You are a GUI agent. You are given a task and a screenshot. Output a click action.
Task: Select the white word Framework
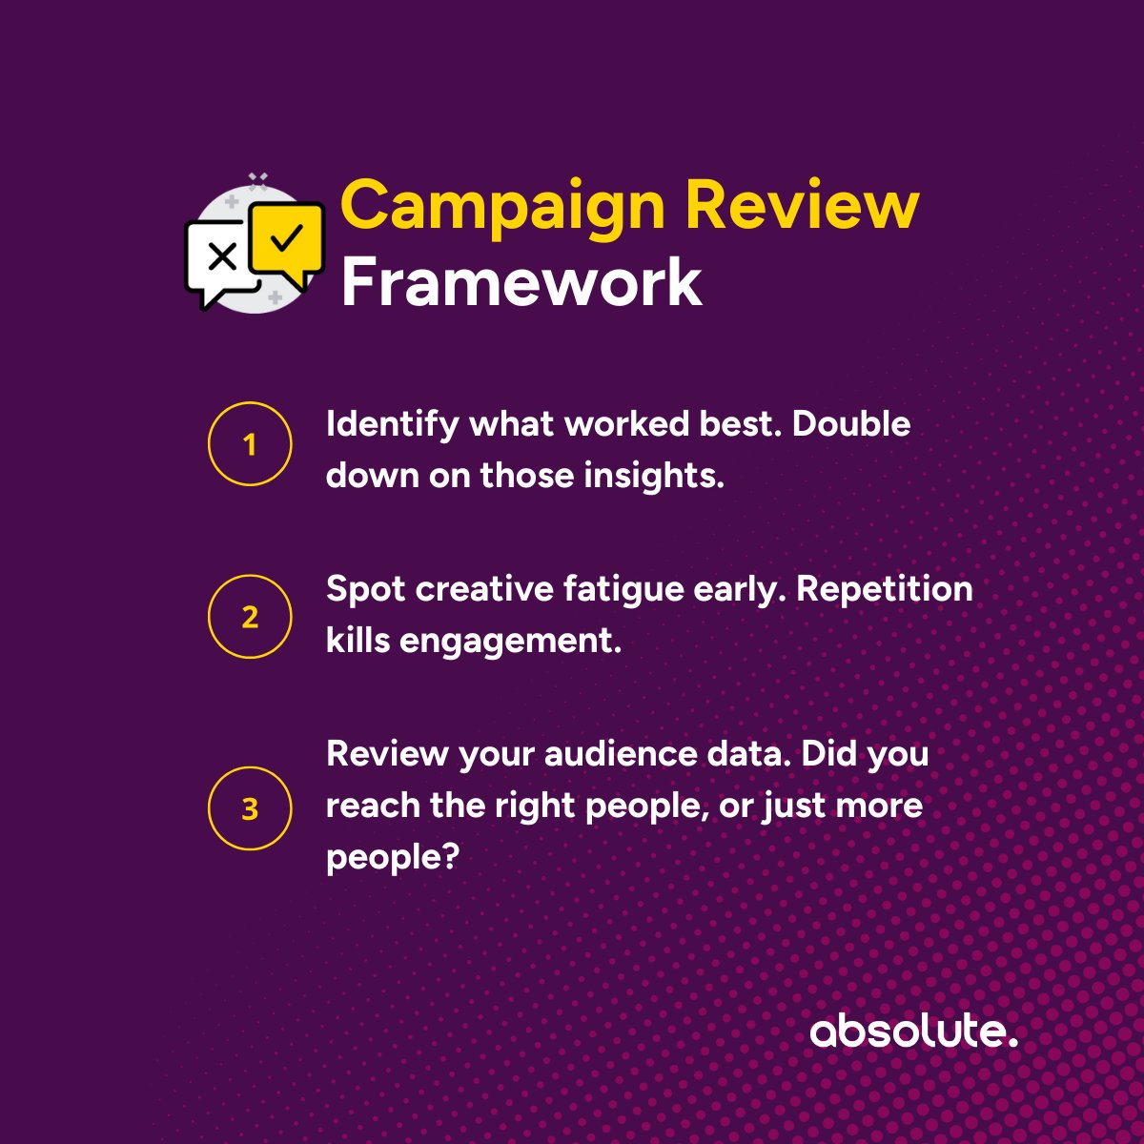pos(521,283)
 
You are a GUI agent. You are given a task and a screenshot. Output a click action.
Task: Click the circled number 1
pos(250,444)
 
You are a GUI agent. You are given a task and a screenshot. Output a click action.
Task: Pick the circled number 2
pos(250,617)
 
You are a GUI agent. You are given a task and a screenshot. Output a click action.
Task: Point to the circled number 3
pos(250,808)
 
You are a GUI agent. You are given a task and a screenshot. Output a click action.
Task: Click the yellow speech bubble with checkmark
pos(287,239)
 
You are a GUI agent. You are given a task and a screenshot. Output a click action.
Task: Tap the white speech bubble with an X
pos(221,259)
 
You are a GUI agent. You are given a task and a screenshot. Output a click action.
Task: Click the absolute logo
pos(913,1032)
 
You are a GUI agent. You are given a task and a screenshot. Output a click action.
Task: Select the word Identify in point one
pos(392,425)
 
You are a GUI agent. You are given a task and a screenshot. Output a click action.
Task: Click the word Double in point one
pos(851,423)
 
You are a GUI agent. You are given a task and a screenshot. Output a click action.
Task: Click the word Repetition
pos(884,590)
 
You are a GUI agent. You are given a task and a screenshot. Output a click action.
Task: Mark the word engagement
pos(510,642)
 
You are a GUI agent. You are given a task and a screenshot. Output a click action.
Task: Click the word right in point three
pos(535,807)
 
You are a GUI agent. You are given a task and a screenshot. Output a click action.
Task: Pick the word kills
pos(357,641)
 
